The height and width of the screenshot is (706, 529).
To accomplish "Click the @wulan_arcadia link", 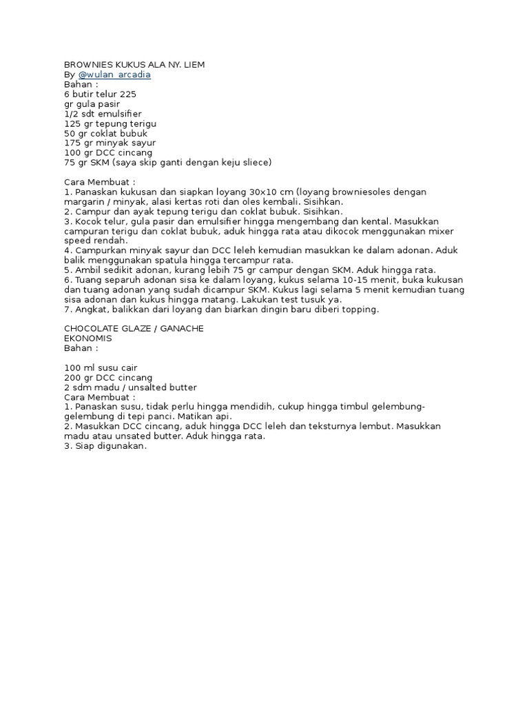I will pyautogui.click(x=114, y=74).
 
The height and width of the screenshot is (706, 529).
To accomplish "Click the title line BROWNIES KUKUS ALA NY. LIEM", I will pyautogui.click(x=134, y=65).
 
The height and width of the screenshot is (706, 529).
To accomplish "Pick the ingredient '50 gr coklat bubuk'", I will pyautogui.click(x=105, y=133).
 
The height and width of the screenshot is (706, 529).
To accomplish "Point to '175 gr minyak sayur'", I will pyautogui.click(x=110, y=143).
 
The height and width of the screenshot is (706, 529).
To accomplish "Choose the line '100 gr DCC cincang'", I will pyautogui.click(x=108, y=152).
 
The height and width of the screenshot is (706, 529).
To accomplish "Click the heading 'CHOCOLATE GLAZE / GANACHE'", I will pyautogui.click(x=134, y=328).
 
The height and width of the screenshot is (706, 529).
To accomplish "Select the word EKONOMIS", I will pyautogui.click(x=87, y=339).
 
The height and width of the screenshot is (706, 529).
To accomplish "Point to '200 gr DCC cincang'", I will pyautogui.click(x=108, y=378).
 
